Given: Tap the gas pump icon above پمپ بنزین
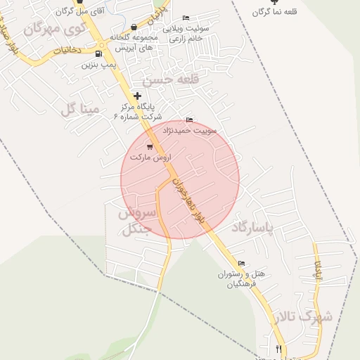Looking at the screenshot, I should click(x=98, y=53).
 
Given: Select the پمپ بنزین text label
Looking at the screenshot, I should click(x=97, y=65).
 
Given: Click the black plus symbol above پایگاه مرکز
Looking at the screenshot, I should click(x=138, y=95).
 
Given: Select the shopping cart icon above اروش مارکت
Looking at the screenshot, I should click(x=150, y=146).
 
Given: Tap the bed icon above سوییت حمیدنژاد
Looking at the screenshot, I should click(x=189, y=120).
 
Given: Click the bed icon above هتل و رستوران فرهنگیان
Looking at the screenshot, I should click(x=242, y=264).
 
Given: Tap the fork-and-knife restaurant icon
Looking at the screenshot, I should click(x=278, y=349).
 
